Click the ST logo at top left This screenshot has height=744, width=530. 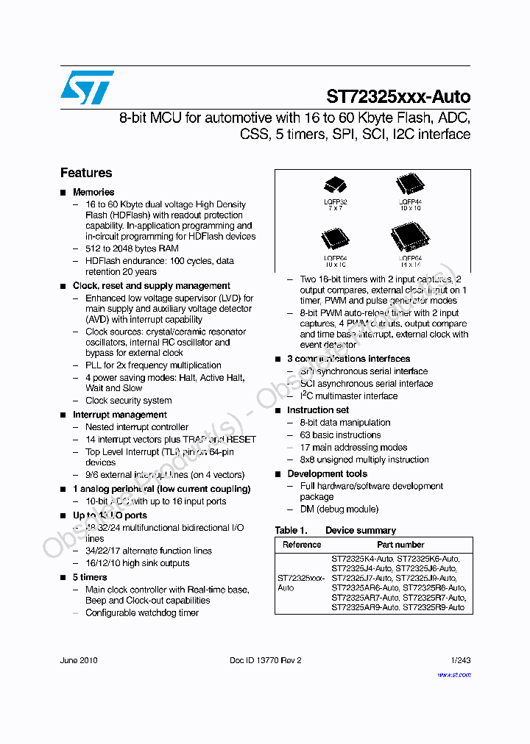click(x=87, y=87)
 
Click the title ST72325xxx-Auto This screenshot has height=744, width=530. click(x=398, y=97)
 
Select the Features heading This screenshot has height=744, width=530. click(x=86, y=173)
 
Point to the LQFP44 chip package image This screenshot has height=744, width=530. click(x=409, y=184)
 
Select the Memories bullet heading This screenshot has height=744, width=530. click(x=93, y=192)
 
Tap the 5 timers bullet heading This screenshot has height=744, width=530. click(x=90, y=577)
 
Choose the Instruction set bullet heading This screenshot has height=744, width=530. click(x=318, y=410)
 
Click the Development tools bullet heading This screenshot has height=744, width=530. click(x=327, y=474)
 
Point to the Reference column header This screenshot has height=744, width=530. click(x=302, y=545)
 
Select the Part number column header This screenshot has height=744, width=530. click(x=400, y=545)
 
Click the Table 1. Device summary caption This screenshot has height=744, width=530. click(x=336, y=530)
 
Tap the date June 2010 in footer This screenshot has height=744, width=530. click(x=79, y=660)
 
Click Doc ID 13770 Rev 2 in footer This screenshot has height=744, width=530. click(x=266, y=660)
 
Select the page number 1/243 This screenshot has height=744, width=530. click(x=459, y=660)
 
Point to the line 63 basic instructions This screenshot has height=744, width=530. click(x=340, y=435)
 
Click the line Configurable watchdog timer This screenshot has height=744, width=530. click(x=142, y=612)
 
